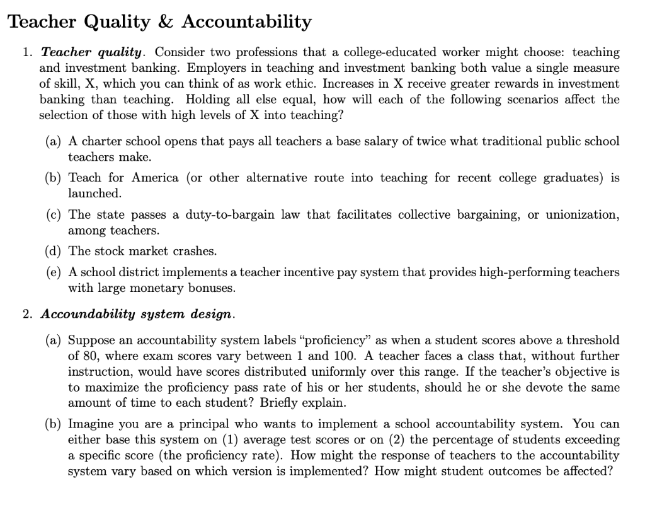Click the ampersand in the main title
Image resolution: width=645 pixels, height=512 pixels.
tap(166, 22)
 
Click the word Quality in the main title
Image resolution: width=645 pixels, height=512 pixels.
tap(117, 23)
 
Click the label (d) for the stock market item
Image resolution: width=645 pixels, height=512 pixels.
tap(54, 251)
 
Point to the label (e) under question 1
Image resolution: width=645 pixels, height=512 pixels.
tap(54, 272)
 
